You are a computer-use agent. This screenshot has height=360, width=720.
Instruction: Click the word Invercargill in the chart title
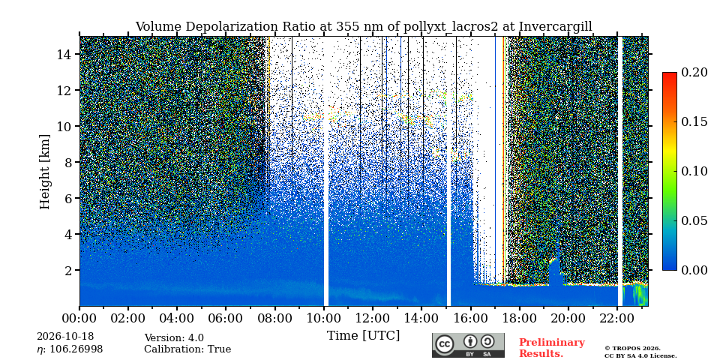556,27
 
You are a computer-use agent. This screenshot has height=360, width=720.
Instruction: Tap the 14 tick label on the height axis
64,54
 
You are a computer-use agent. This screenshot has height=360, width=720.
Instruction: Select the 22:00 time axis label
616,318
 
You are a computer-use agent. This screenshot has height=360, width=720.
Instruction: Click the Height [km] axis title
44,172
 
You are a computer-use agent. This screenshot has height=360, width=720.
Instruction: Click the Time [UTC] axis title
363,336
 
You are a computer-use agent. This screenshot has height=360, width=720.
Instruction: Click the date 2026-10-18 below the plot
65,337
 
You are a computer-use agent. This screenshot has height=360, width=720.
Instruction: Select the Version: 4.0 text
174,338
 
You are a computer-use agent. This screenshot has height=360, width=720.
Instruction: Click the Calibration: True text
187,349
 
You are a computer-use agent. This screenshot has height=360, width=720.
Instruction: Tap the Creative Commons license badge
468,345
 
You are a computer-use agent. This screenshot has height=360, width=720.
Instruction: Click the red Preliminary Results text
552,348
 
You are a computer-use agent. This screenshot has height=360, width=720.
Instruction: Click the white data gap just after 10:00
326,171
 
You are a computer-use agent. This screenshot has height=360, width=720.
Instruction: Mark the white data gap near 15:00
448,171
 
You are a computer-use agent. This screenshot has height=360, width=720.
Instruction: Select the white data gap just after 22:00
620,171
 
